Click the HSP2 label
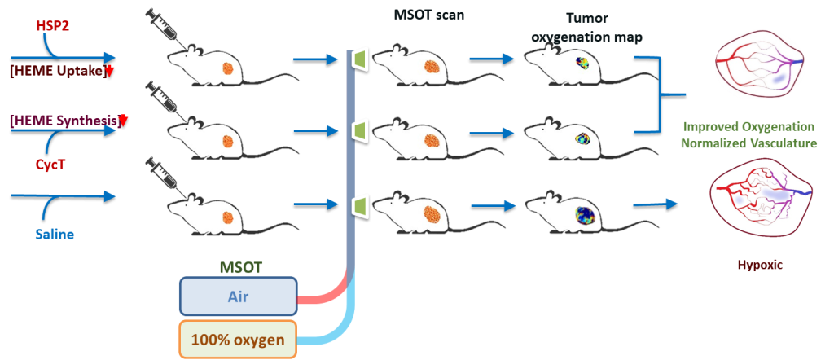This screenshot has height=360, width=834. [x=55, y=27]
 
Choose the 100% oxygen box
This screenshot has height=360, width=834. [x=237, y=339]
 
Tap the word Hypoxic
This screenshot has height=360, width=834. [x=754, y=266]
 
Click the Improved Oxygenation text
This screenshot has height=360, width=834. [x=748, y=127]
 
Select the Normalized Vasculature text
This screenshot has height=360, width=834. [x=748, y=143]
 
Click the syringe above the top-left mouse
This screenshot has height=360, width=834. [x=164, y=27]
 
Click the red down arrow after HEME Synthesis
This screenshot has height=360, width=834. [x=124, y=121]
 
